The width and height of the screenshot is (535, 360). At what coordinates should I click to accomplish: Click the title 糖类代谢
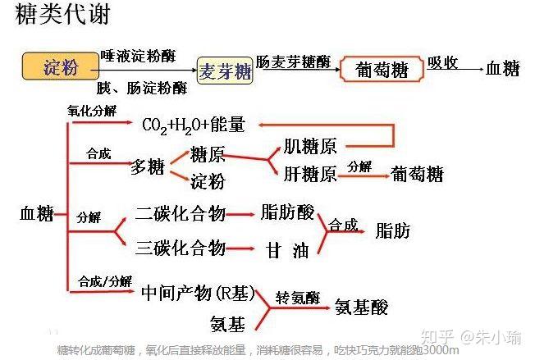click(x=63, y=16)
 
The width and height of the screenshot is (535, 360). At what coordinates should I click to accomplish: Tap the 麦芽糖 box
click(x=226, y=71)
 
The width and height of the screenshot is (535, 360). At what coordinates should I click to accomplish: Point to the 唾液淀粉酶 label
click(x=138, y=56)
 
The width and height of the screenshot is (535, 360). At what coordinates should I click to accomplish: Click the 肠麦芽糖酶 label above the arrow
click(x=293, y=62)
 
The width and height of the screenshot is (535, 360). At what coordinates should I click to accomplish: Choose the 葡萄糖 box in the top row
click(x=381, y=71)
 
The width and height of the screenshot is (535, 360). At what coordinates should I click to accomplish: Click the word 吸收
click(x=441, y=62)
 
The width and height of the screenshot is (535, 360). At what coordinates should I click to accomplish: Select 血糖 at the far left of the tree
click(x=36, y=215)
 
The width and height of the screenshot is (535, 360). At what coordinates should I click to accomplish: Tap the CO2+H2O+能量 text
click(x=193, y=125)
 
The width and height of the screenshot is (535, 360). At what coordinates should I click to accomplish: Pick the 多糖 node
click(x=149, y=167)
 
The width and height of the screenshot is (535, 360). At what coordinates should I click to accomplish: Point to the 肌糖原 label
click(x=309, y=148)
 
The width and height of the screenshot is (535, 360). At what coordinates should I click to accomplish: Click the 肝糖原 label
click(x=309, y=174)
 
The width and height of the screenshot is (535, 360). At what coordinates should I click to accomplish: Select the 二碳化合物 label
click(x=181, y=214)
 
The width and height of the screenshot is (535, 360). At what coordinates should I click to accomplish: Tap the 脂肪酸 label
click(x=287, y=213)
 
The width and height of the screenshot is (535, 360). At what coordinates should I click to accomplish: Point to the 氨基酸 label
click(x=361, y=308)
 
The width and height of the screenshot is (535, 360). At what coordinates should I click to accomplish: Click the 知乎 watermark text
click(x=433, y=337)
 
